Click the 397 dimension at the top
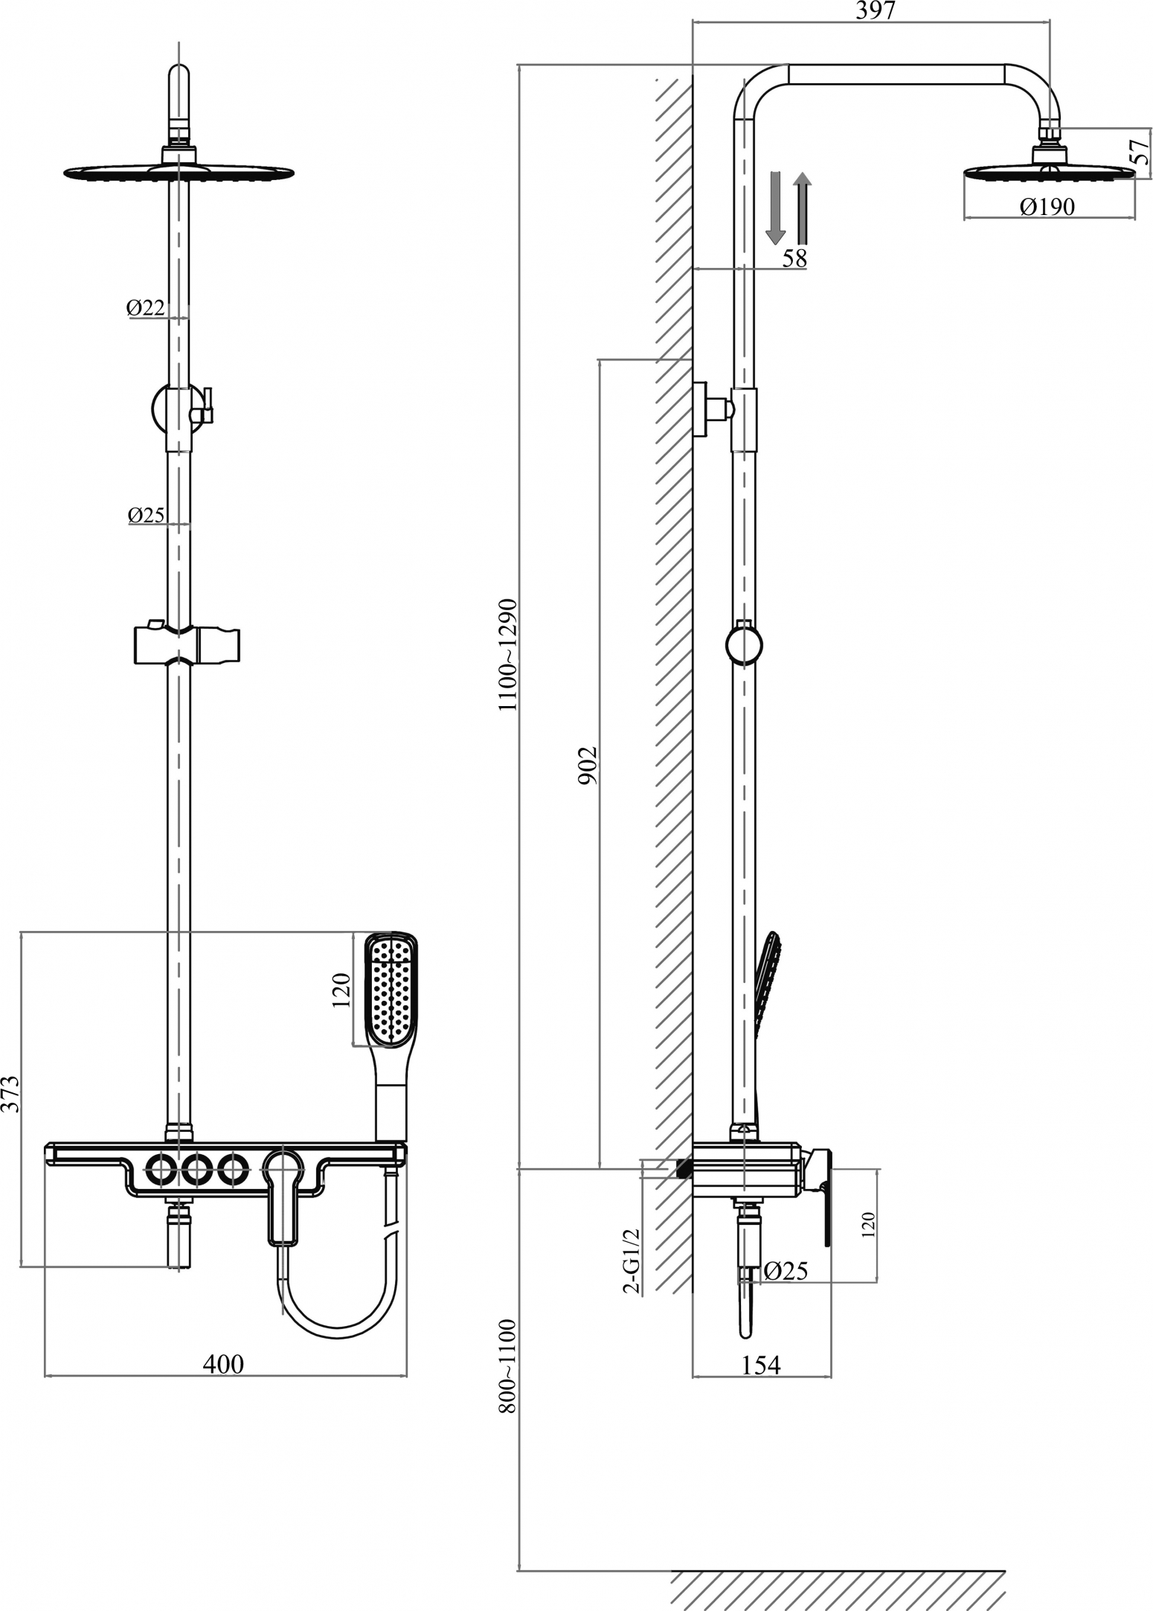coord(876,10)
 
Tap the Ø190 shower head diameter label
coord(1047,207)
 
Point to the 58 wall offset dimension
coord(794,257)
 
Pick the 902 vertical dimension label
coord(588,765)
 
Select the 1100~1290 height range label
coord(508,654)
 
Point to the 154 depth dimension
coord(761,1364)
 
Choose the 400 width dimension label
coord(223,1363)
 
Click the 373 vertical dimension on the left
coord(10,1094)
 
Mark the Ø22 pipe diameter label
coord(145,307)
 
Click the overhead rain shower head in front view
coord(179,172)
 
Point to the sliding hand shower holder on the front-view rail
coord(187,643)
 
